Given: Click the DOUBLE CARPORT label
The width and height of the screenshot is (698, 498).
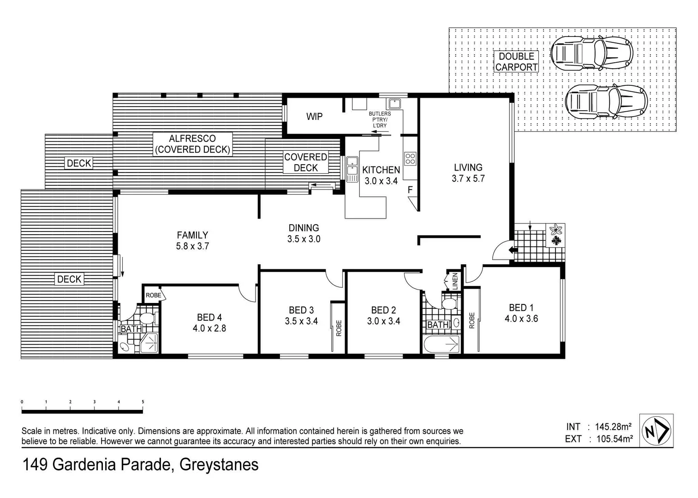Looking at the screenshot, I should (516, 62).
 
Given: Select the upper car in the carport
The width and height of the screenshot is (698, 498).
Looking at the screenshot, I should (591, 53).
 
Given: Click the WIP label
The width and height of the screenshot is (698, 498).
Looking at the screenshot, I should (314, 117).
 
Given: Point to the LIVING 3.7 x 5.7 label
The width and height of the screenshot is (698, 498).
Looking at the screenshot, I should (468, 173).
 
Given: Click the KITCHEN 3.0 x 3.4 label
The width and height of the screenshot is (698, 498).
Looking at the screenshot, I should (381, 175).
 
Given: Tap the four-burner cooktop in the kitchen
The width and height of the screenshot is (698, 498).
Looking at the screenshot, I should (410, 159).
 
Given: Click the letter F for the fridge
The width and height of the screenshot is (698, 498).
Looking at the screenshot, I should (410, 190).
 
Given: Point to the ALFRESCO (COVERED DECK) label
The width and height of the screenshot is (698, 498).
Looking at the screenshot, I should (192, 144).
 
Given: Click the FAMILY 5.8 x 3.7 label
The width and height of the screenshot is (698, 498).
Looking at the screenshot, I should (192, 240).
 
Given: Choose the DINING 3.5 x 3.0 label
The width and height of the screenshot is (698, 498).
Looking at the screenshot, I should (304, 233).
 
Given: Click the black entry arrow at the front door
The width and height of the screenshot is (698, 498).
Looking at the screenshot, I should (512, 250).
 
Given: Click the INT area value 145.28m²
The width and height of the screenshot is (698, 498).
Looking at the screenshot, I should (613, 427).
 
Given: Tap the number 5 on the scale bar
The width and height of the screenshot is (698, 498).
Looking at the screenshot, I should (143, 402).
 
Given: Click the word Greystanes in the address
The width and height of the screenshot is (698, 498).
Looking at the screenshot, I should (219, 464).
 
